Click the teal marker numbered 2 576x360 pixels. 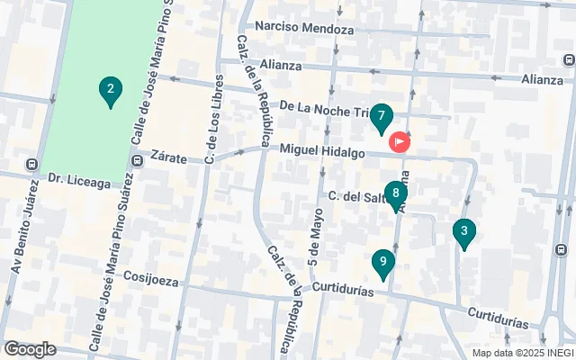(110, 91)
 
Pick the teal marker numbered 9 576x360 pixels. (383, 264)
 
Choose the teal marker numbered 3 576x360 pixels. (463, 232)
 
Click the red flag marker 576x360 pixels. (399, 142)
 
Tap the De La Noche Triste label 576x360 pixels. (324, 106)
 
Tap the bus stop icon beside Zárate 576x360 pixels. (138, 161)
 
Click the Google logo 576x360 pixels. (30, 349)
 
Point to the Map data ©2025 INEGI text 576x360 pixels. (521, 353)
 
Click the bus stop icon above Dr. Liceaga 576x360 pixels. (33, 166)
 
